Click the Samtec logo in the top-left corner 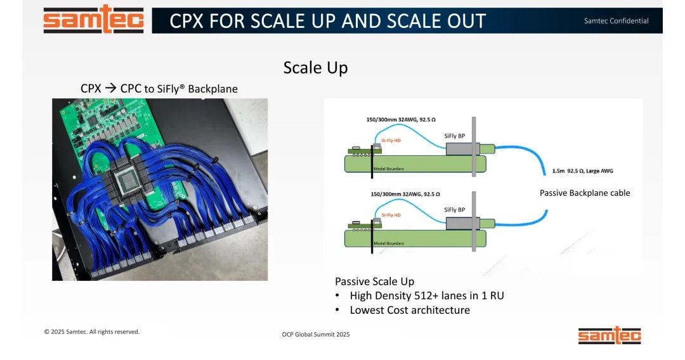(x=93, y=20)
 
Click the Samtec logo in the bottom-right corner (x=609, y=335)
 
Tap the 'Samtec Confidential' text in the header (x=616, y=21)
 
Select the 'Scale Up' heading (x=315, y=68)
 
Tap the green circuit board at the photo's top (x=108, y=120)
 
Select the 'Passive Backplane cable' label (x=585, y=193)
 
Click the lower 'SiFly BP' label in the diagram (x=454, y=210)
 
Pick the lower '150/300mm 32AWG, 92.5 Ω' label (x=403, y=194)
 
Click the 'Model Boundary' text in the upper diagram (x=389, y=169)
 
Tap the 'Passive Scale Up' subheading (x=374, y=281)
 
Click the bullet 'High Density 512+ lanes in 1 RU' (x=426, y=295)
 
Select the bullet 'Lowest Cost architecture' (x=409, y=310)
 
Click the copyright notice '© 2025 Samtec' (x=91, y=331)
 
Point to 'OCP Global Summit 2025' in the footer (x=316, y=334)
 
